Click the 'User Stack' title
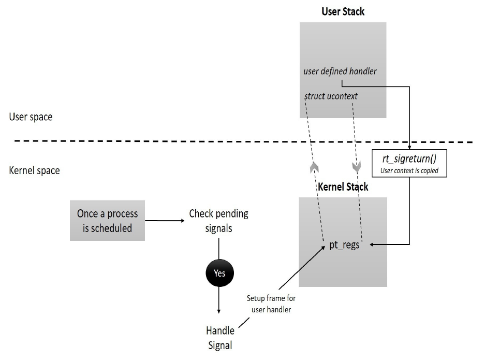click(343, 11)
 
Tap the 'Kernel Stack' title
click(343, 186)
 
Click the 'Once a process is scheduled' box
click(107, 221)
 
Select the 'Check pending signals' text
click(218, 221)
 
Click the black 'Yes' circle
click(219, 273)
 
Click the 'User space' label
click(31, 117)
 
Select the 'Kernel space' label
click(34, 169)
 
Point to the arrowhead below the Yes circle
click(219, 310)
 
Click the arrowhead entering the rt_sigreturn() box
click(410, 147)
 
